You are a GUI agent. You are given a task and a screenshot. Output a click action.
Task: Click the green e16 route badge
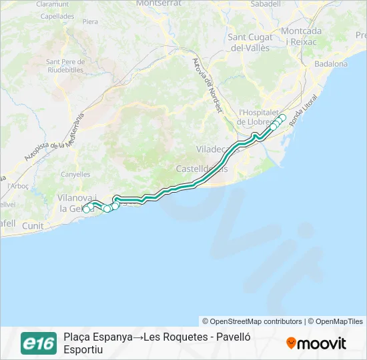(x=39, y=343)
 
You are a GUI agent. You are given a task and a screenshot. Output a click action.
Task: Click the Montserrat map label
(x=159, y=3)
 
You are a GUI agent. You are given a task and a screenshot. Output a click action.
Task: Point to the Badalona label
(x=331, y=64)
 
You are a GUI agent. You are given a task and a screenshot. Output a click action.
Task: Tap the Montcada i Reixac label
(x=301, y=36)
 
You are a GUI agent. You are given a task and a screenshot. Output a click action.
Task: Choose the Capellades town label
(x=57, y=15)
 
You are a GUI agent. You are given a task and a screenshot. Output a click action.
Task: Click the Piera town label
(x=89, y=22)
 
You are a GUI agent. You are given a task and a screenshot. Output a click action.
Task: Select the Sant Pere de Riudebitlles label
(x=65, y=65)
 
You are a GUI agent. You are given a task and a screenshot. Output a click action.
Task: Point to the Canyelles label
(x=75, y=175)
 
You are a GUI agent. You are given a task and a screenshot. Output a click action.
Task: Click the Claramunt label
(x=53, y=3)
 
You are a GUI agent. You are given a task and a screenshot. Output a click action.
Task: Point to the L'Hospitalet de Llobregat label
(x=253, y=117)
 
